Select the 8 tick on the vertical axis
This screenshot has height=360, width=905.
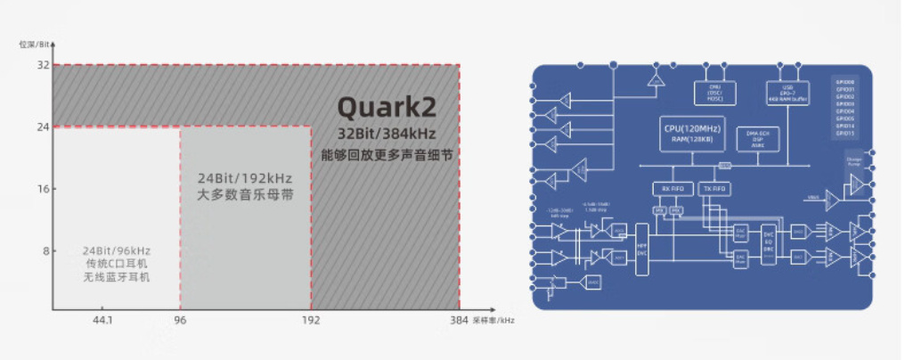pyautogui.click(x=45, y=250)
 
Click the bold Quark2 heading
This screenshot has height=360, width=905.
pyautogui.click(x=387, y=107)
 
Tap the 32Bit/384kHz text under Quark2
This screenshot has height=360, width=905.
pyautogui.click(x=387, y=133)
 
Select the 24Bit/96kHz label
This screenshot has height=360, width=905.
pyautogui.click(x=116, y=250)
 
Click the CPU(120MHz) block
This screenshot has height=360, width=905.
pyautogui.click(x=691, y=135)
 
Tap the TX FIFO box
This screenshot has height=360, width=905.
pyautogui.click(x=714, y=188)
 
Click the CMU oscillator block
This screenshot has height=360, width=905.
pyautogui.click(x=713, y=92)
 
